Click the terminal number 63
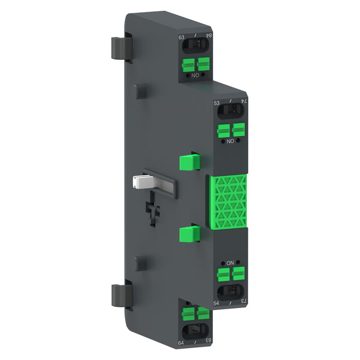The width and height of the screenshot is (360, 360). pyautogui.click(x=181, y=38)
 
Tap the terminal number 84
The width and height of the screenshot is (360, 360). pyautogui.click(x=209, y=36)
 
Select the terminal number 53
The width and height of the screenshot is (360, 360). pyautogui.click(x=218, y=104)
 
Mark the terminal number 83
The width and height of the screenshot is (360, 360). pyautogui.click(x=208, y=340)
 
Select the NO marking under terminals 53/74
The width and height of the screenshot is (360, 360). pyautogui.click(x=230, y=141)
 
